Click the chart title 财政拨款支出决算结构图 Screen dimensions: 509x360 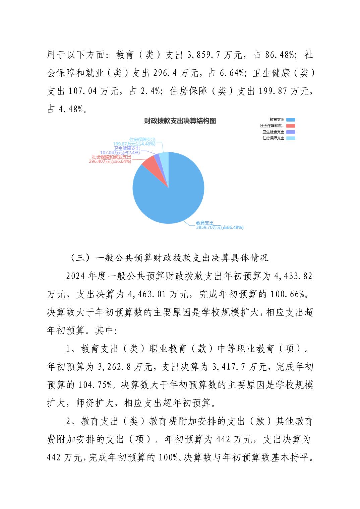point(180,121)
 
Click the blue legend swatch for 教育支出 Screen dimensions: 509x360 point(291,120)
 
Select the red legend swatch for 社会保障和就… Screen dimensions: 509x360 point(291,126)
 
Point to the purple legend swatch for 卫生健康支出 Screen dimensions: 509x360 point(291,132)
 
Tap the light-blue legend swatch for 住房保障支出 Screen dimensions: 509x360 point(291,138)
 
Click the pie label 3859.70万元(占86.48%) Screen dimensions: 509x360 point(220,227)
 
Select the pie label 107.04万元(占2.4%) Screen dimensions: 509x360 point(120,153)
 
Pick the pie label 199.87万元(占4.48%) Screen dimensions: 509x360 point(134,144)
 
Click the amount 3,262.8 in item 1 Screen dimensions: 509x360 point(114,367)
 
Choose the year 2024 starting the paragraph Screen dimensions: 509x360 point(75,276)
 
